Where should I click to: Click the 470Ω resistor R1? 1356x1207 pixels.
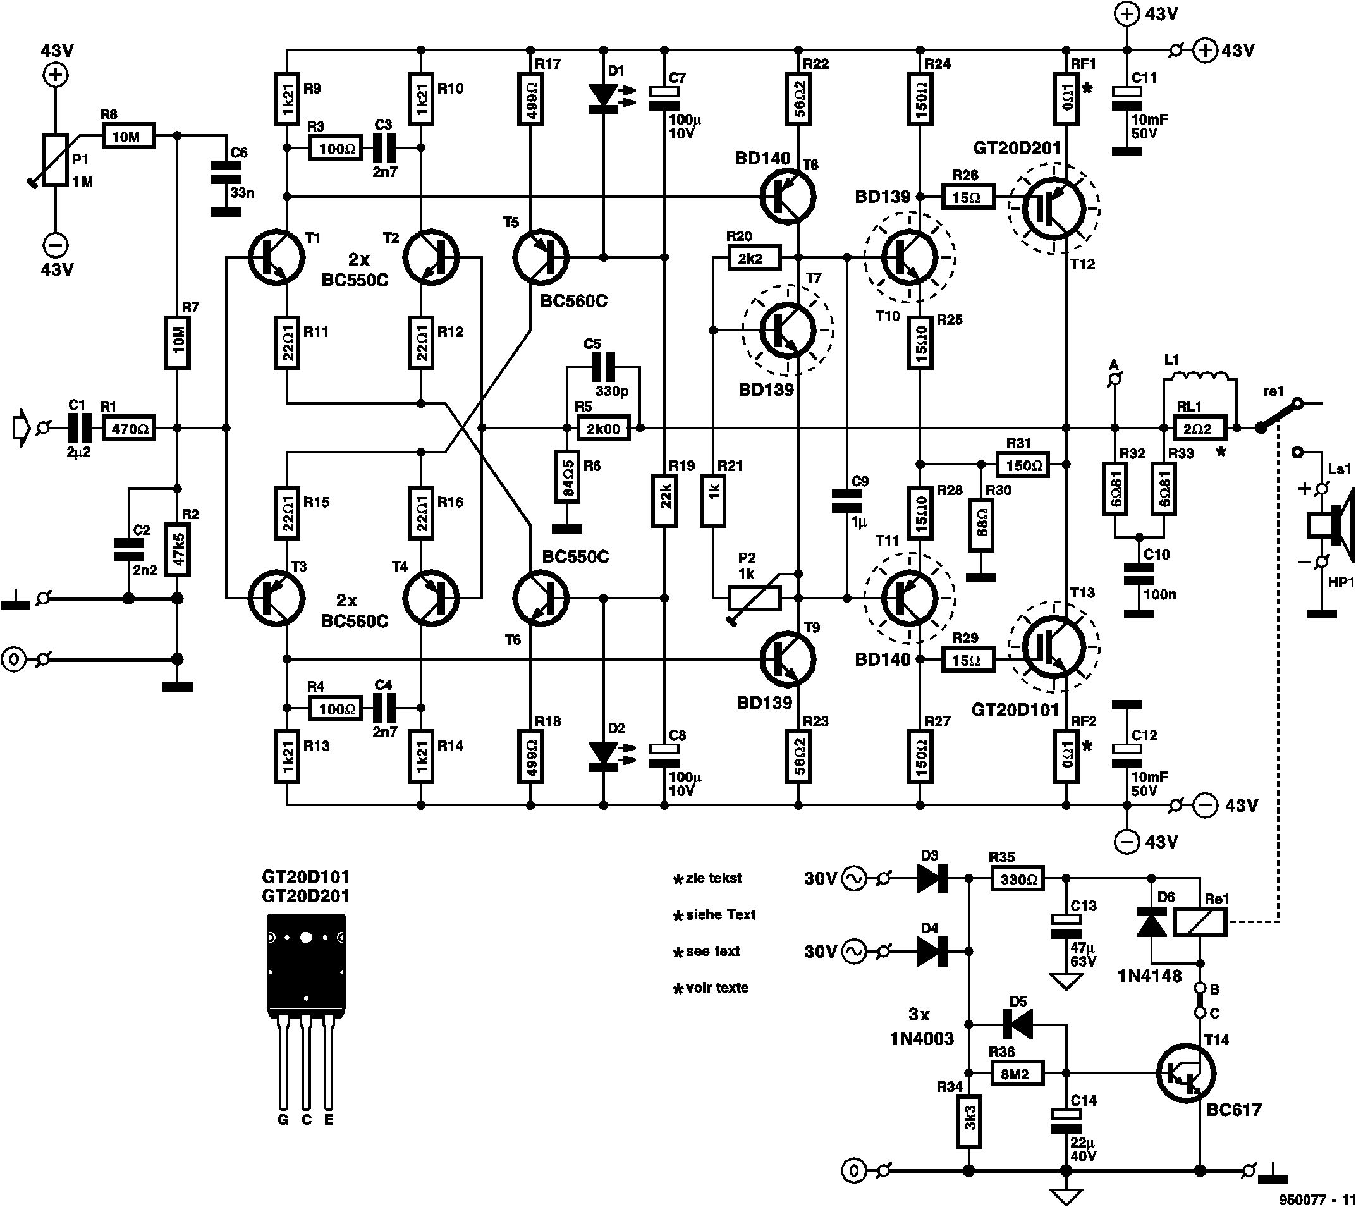tap(130, 429)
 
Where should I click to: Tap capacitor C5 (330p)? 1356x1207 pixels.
tap(604, 366)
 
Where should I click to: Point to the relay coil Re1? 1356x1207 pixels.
tap(1200, 922)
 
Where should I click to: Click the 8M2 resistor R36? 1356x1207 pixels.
tap(1017, 1073)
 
